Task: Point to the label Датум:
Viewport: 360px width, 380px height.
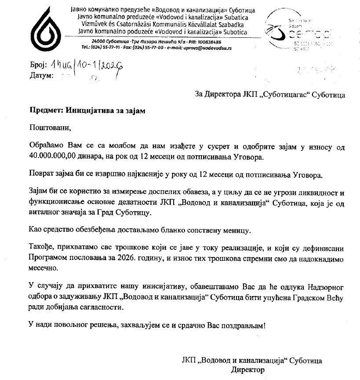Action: pos(41,75)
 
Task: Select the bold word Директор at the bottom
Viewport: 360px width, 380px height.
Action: pos(248,369)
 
